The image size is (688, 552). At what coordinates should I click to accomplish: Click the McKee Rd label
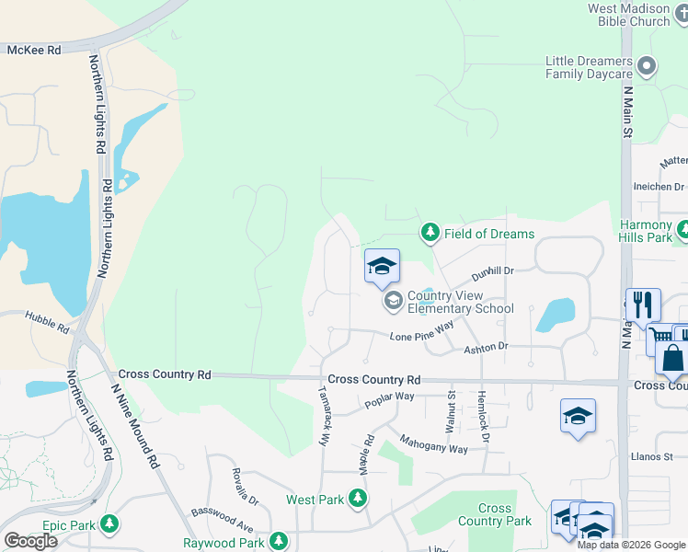point(34,50)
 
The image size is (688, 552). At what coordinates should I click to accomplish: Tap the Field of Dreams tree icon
point(430,233)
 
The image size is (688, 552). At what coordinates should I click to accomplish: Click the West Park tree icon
point(358,500)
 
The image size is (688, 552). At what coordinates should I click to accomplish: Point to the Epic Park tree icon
point(109,524)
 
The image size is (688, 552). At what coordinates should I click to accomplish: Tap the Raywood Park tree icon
point(279,542)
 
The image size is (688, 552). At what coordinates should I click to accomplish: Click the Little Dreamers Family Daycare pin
point(648,66)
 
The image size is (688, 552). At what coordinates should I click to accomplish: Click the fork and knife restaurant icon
point(643,304)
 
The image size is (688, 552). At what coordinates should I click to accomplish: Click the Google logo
point(30,541)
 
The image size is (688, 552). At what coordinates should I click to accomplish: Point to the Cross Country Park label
point(495,514)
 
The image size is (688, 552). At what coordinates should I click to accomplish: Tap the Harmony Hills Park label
point(647,231)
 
